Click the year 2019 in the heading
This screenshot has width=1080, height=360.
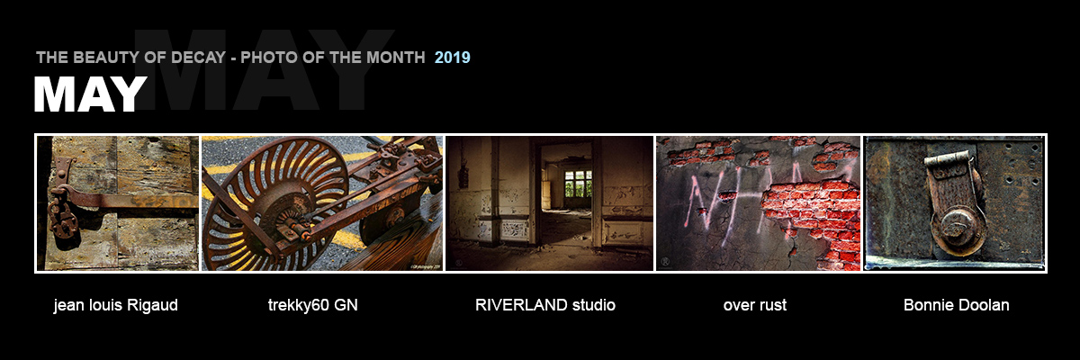point(452,58)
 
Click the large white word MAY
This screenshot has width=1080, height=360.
point(90,94)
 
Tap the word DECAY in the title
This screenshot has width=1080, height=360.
point(198,58)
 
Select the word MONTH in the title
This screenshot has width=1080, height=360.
point(395,58)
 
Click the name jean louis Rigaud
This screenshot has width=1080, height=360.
point(116,305)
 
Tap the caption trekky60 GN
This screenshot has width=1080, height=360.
point(313,305)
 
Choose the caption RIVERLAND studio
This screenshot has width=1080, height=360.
point(545,305)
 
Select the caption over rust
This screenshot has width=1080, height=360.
point(755,305)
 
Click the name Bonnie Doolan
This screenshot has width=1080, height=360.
point(957,305)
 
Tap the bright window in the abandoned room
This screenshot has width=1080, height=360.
point(578,184)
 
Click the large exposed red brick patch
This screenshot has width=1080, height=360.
point(814,217)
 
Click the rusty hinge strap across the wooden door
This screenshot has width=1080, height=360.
point(130,199)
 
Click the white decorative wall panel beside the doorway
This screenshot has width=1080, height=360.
point(515,229)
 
